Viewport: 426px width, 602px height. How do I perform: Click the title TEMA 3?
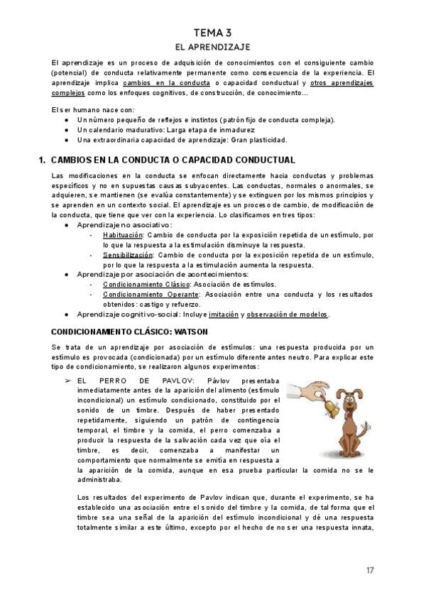point(213,33)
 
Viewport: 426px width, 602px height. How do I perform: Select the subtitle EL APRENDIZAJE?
point(213,47)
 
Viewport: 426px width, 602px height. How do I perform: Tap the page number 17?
point(370,570)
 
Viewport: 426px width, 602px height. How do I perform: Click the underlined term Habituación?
point(123,234)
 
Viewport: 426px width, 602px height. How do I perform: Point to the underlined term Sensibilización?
point(128,254)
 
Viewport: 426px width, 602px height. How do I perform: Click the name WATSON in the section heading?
point(182,331)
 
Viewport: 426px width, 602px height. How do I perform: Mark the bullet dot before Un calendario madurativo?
point(66,131)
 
